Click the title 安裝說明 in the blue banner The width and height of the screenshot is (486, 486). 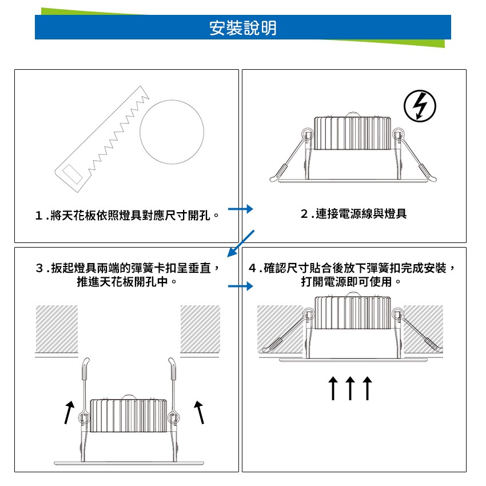click(242, 28)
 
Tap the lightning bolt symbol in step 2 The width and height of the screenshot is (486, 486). click(420, 106)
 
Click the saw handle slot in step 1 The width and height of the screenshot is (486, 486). click(72, 174)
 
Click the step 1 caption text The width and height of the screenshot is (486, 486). click(128, 215)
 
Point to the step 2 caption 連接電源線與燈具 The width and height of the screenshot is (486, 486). click(354, 214)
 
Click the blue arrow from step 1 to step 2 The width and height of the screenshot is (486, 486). click(241, 209)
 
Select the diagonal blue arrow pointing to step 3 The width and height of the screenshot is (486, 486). click(241, 244)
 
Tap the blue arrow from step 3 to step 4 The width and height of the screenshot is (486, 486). click(241, 286)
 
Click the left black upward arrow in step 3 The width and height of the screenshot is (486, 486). click(69, 412)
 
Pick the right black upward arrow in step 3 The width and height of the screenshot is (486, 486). click(200, 412)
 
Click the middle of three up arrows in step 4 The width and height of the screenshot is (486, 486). click(350, 388)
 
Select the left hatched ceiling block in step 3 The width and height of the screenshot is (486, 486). click(57, 329)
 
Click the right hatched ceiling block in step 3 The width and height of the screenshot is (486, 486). click(200, 329)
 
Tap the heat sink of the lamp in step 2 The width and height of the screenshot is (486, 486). click(352, 133)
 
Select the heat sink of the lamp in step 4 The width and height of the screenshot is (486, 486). click(352, 313)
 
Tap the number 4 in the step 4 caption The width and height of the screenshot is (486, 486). click(253, 268)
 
